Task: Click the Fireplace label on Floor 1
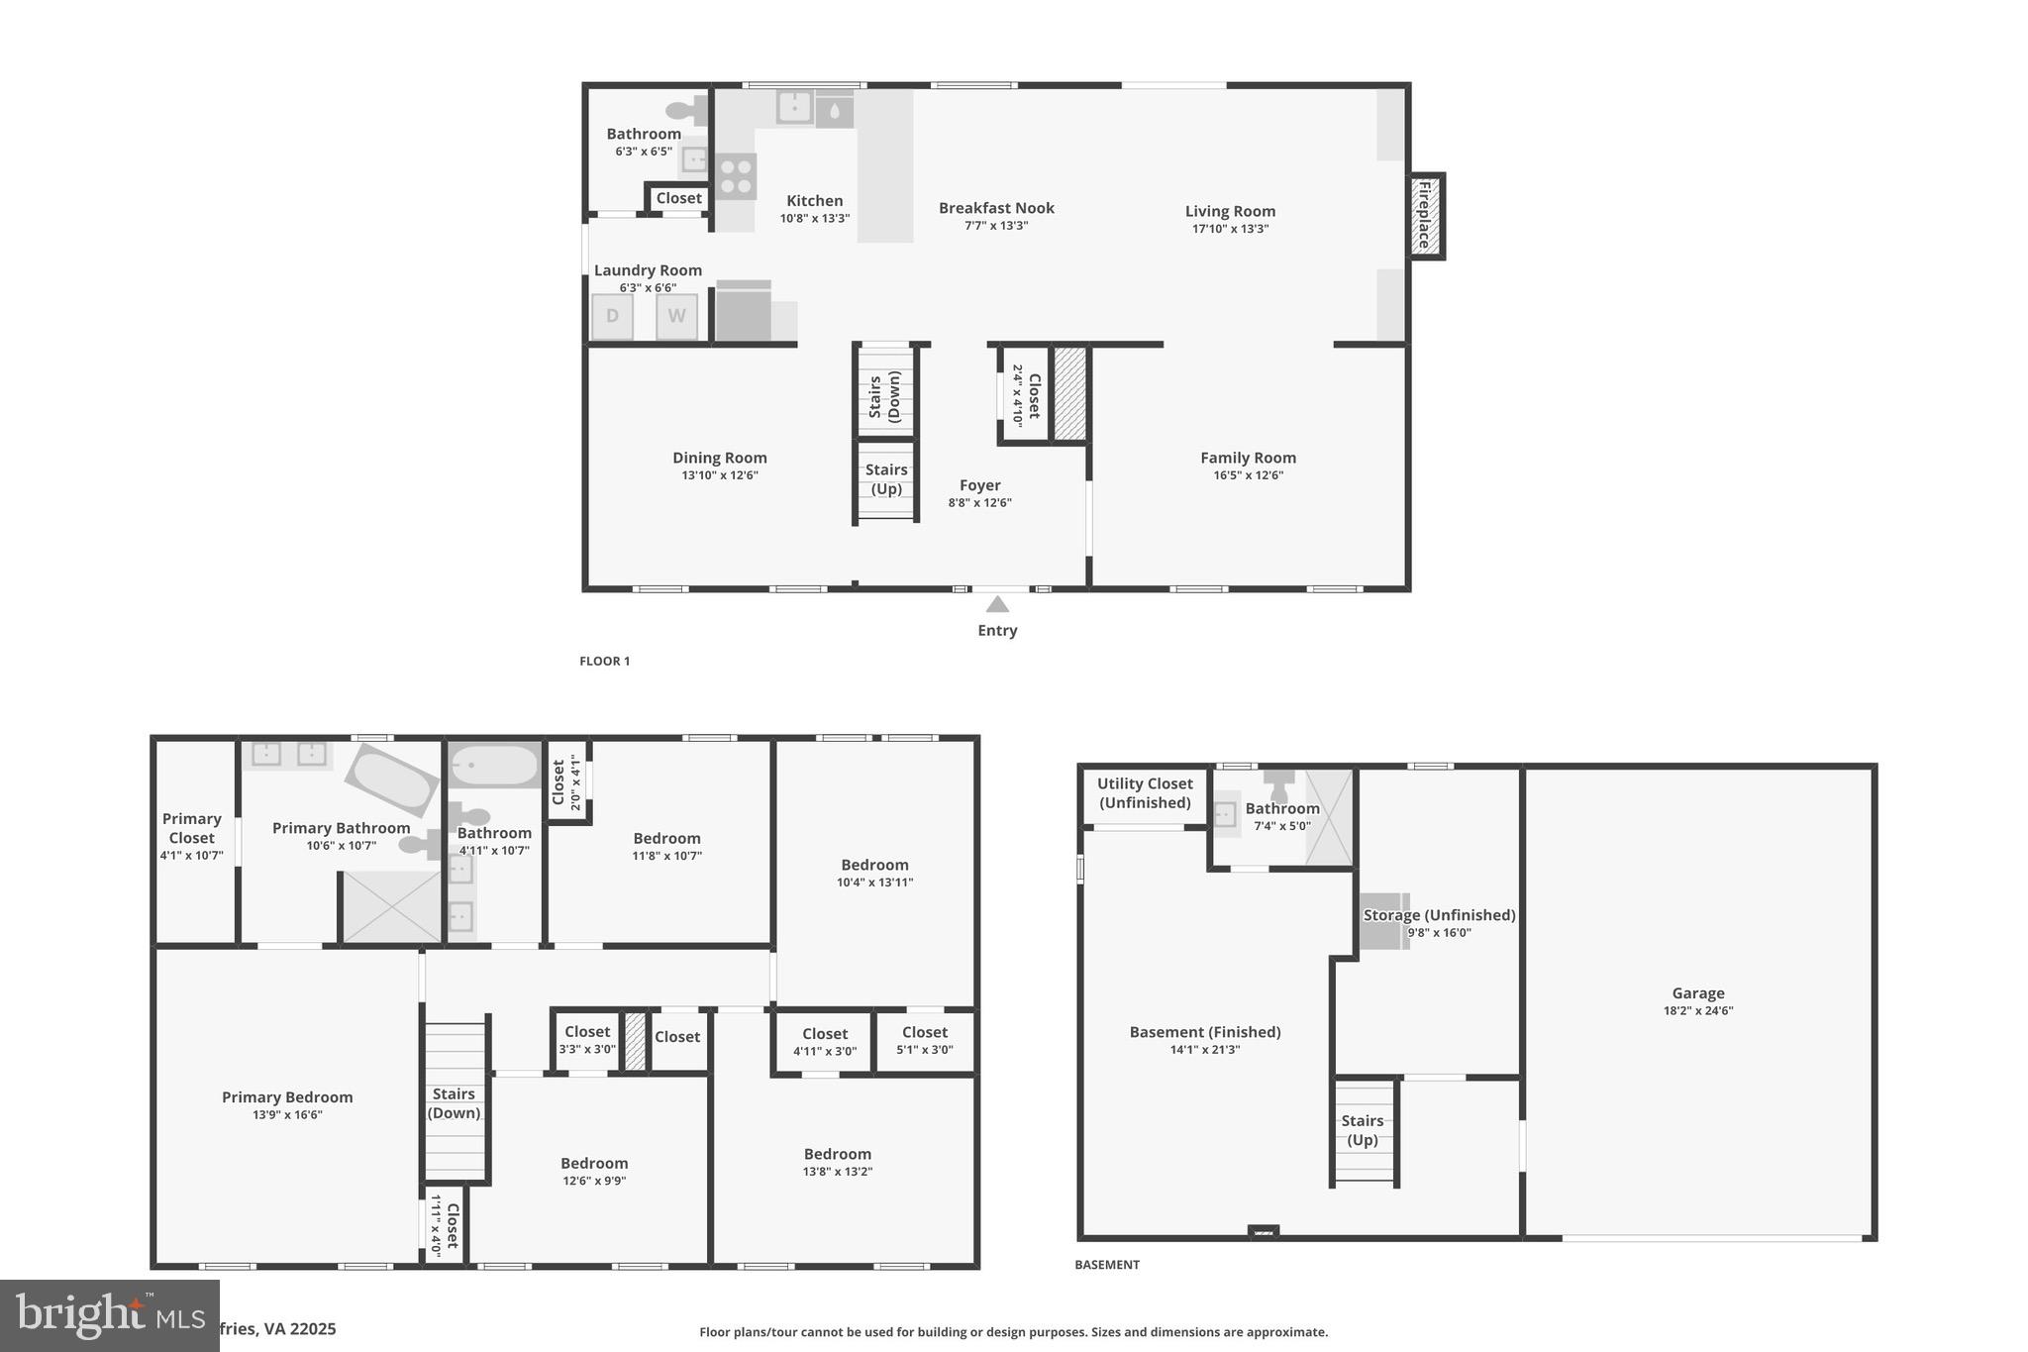[x=1425, y=216]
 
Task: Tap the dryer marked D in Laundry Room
[x=612, y=317]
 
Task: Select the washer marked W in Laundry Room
[x=676, y=317]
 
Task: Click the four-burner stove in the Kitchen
[x=736, y=176]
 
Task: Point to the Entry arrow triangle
[x=997, y=604]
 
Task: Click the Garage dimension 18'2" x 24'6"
[x=1697, y=1011]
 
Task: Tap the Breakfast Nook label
[x=996, y=208]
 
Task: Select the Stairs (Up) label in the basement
[x=1362, y=1130]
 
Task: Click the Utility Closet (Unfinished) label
[x=1145, y=793]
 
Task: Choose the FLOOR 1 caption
[x=604, y=662]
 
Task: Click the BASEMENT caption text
[x=1107, y=1265]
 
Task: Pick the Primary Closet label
[x=191, y=828]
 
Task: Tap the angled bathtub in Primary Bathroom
[x=392, y=782]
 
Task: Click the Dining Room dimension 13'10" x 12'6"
[x=720, y=475]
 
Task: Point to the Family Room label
[x=1248, y=458]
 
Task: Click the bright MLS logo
[x=109, y=1314]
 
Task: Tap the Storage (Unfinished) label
[x=1439, y=915]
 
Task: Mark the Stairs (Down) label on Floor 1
[x=884, y=395]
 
